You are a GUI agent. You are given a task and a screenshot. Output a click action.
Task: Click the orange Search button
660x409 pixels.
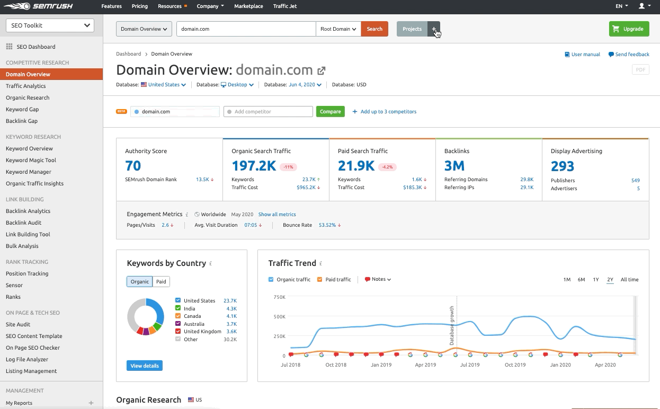pyautogui.click(x=374, y=29)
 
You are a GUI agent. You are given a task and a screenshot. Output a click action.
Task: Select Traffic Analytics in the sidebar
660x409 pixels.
pyautogui.click(x=26, y=86)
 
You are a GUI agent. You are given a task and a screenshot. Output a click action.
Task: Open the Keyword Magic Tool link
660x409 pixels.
pyautogui.click(x=31, y=160)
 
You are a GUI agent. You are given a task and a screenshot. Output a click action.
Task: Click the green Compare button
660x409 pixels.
pyautogui.click(x=330, y=112)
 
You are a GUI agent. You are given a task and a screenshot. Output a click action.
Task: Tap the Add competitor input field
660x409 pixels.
pyautogui.click(x=268, y=112)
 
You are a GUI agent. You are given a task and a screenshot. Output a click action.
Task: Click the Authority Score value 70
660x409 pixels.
pyautogui.click(x=133, y=166)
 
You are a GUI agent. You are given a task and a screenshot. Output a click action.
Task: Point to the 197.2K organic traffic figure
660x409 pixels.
pyautogui.click(x=254, y=166)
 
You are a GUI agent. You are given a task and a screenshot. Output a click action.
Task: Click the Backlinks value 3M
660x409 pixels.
pyautogui.click(x=454, y=166)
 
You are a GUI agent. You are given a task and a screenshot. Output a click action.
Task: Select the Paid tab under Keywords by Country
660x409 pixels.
pyautogui.click(x=161, y=282)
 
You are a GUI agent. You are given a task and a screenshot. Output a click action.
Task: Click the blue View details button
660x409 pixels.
pyautogui.click(x=145, y=366)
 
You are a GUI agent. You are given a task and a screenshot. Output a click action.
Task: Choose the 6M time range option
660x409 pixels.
pyautogui.click(x=581, y=280)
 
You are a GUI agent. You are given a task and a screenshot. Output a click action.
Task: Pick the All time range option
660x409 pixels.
pyautogui.click(x=629, y=280)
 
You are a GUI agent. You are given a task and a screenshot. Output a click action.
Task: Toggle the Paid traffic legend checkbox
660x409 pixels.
pyautogui.click(x=320, y=280)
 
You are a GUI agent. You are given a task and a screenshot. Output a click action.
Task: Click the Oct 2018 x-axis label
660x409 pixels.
pyautogui.click(x=336, y=364)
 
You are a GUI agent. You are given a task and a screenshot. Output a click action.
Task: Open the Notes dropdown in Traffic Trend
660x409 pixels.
pyautogui.click(x=378, y=280)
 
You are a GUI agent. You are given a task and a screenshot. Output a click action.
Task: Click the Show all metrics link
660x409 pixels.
pyautogui.click(x=277, y=215)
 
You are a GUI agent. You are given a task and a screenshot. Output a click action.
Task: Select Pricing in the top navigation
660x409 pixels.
pyautogui.click(x=140, y=6)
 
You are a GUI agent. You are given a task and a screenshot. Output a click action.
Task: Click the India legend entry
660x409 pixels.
pyautogui.click(x=189, y=308)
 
